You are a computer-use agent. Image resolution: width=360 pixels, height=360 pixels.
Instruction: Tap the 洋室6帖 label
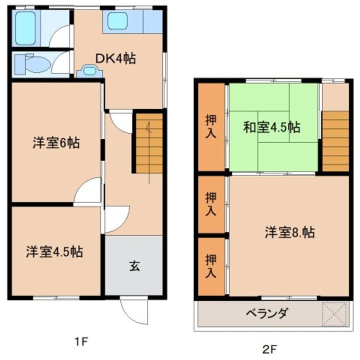[x=55, y=142]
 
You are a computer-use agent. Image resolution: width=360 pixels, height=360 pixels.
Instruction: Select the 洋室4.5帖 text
[x=55, y=251]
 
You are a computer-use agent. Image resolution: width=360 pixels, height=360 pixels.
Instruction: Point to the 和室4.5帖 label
[x=271, y=127]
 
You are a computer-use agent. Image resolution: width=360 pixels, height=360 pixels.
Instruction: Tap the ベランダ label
[x=267, y=314]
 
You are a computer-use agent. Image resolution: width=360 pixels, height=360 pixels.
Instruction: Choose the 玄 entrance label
[x=134, y=266]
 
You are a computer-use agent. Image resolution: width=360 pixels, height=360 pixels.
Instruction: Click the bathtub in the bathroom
[x=25, y=28]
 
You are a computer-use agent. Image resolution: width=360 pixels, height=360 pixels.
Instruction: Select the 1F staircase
[x=148, y=142]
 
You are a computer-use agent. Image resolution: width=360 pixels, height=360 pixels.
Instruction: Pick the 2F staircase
[x=335, y=140]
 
